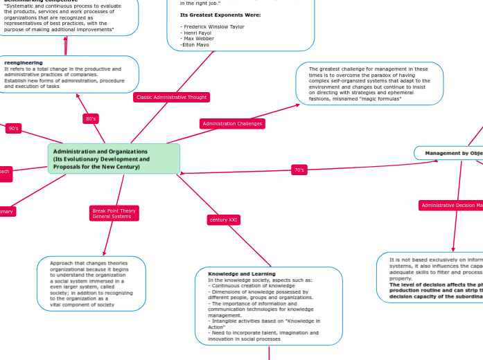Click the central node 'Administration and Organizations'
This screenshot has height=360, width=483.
[x=114, y=159]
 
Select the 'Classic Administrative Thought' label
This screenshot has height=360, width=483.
[x=171, y=98]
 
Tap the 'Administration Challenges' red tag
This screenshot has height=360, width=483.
[x=232, y=124]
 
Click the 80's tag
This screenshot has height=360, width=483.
[x=91, y=119]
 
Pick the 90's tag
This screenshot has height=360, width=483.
[x=14, y=129]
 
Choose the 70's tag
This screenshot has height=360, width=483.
[x=299, y=170]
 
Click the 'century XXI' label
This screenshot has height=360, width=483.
[x=224, y=220]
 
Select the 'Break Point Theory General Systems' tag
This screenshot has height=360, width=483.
[x=114, y=213]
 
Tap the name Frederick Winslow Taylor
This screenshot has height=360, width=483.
[x=213, y=27]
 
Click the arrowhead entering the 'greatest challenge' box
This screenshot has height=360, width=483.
[x=299, y=105]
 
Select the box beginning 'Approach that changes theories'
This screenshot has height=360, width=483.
[x=91, y=283]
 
